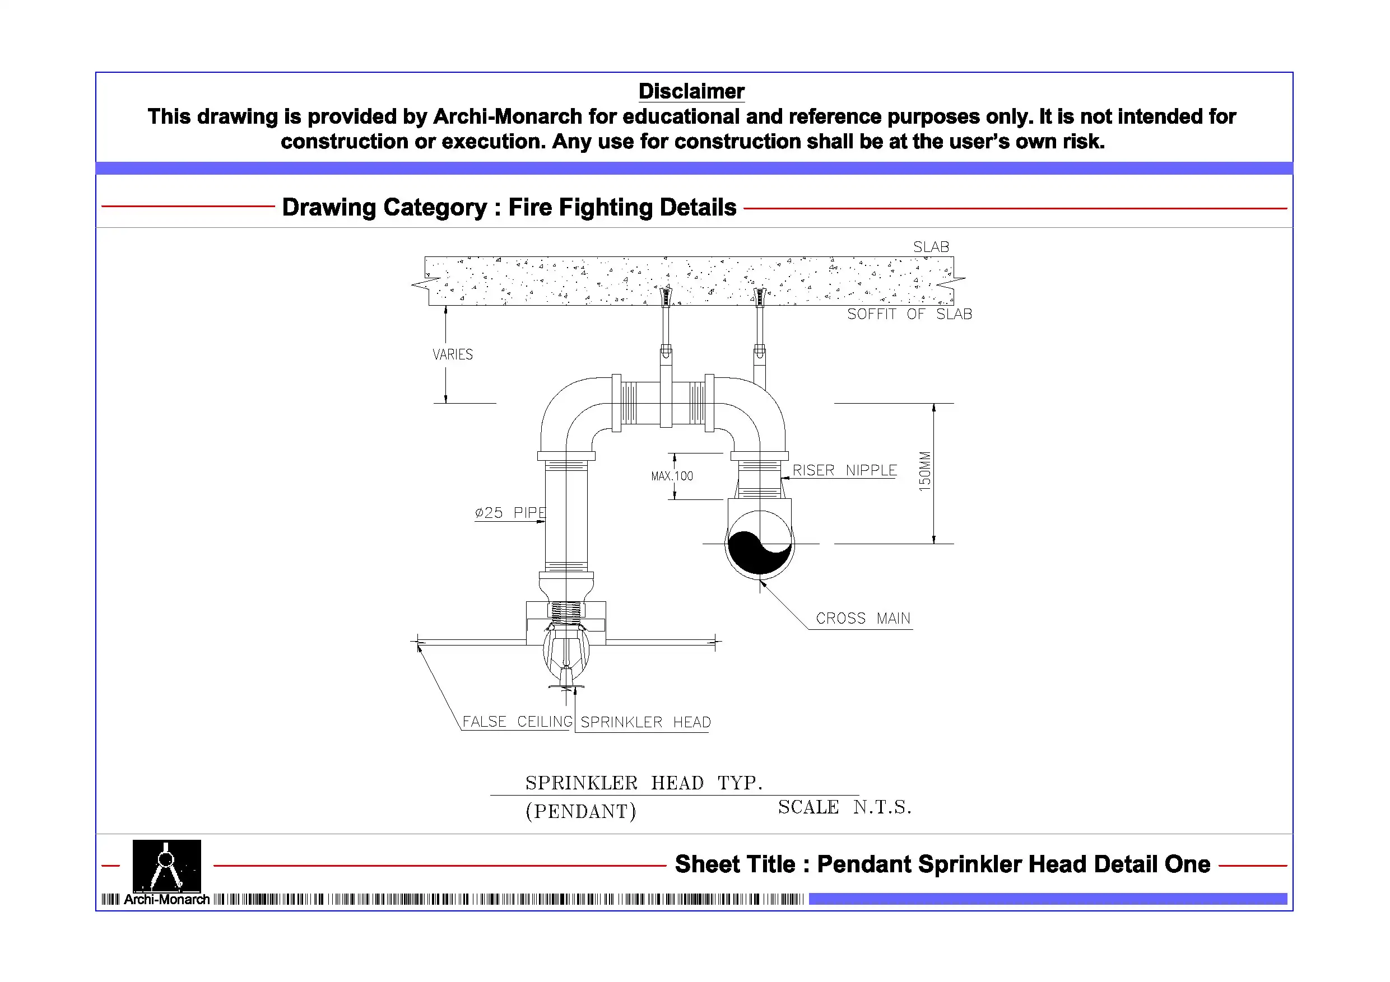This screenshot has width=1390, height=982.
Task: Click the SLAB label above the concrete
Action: [x=931, y=247]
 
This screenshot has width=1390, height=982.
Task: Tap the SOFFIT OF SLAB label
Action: [x=909, y=314]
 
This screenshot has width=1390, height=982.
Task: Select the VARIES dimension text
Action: [x=452, y=354]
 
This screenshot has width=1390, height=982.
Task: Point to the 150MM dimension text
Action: [x=924, y=471]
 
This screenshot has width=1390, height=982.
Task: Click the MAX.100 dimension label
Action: [x=671, y=476]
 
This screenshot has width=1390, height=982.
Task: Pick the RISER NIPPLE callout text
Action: [x=844, y=470]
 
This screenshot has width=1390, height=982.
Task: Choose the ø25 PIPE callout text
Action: [x=510, y=512]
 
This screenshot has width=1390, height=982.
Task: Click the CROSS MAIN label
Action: [x=863, y=618]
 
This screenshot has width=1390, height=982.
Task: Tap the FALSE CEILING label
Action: [x=517, y=721]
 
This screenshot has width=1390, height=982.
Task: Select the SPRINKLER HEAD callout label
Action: [x=645, y=722]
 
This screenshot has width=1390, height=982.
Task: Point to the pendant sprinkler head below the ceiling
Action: [x=566, y=657]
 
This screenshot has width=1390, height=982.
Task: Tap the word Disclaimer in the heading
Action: [x=691, y=91]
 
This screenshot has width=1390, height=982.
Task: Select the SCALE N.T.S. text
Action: [x=844, y=807]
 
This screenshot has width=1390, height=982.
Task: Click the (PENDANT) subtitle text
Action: [x=580, y=811]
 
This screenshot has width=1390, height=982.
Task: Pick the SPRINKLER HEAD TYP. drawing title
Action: [x=643, y=783]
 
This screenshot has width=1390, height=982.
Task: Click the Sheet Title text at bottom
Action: [x=942, y=864]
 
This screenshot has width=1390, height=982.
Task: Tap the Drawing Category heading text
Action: [x=509, y=208]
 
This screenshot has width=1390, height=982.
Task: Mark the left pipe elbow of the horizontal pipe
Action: [x=572, y=411]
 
